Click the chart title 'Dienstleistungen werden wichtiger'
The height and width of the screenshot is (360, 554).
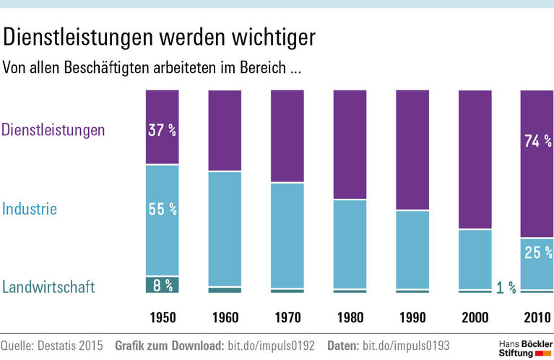tap(159, 37)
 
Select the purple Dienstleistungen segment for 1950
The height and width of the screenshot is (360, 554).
tap(162, 108)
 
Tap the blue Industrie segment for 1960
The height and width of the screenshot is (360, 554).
tap(225, 228)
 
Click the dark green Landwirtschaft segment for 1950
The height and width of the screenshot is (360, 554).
tap(162, 285)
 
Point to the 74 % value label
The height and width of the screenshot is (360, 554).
tap(537, 141)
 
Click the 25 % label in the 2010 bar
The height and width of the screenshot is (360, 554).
tap(537, 253)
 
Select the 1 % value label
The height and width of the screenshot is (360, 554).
tap(506, 288)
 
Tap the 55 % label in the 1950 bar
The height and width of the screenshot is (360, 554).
tap(163, 210)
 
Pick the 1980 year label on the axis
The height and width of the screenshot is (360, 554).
tap(350, 317)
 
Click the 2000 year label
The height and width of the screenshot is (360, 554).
tap(475, 317)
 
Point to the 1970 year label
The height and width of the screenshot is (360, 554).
tap(287, 317)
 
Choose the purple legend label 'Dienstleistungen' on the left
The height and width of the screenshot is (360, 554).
tap(54, 130)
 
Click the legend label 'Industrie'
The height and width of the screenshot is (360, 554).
tap(30, 210)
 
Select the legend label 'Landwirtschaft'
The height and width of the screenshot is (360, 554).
tap(48, 288)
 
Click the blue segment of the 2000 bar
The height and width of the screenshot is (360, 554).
tap(475, 259)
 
